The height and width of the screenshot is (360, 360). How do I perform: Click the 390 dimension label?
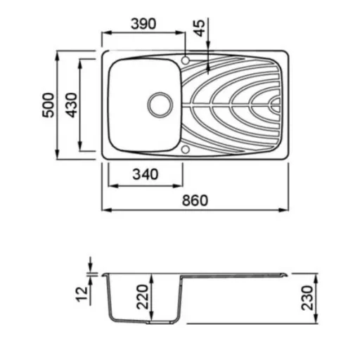143,24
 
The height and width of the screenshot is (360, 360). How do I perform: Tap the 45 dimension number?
200,28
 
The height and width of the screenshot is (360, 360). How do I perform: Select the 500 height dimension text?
49,105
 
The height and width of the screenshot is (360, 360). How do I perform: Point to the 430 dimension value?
71,105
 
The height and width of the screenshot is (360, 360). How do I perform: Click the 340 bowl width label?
146,174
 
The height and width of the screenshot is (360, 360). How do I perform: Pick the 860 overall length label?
195,200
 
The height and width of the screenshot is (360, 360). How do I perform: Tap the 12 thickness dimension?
82,294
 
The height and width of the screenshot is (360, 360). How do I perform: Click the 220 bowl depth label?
142,297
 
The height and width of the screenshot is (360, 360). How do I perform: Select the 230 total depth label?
307,298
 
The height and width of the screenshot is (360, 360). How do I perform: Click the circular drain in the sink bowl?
160,105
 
